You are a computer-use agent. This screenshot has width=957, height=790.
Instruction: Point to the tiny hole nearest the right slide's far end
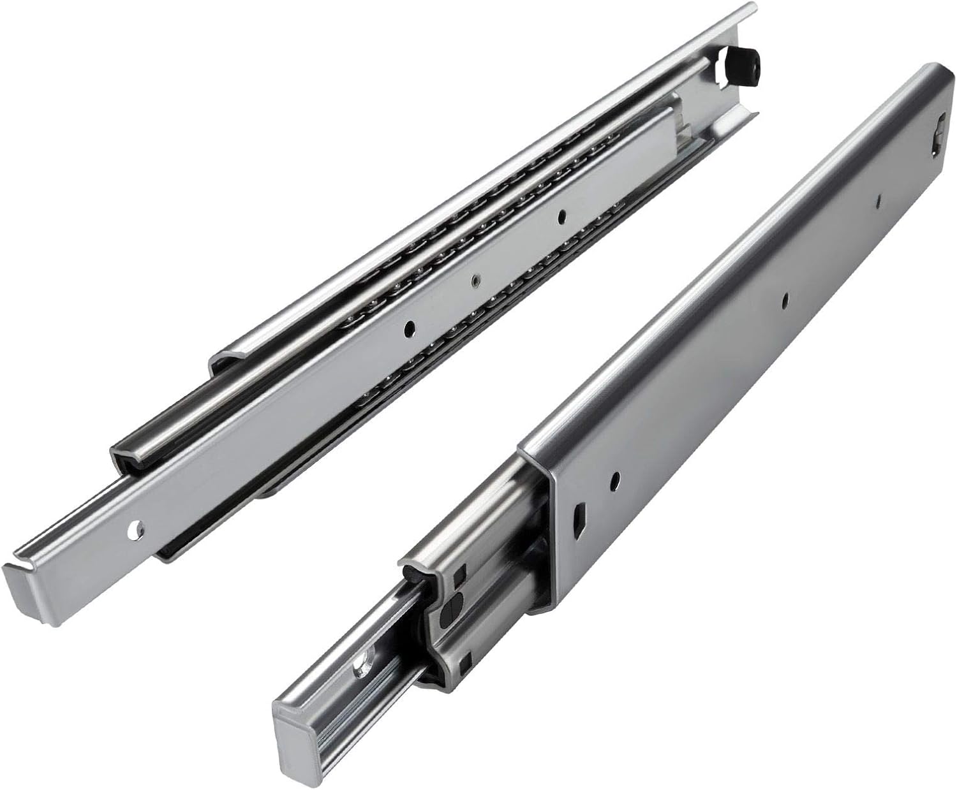pyautogui.click(x=879, y=201)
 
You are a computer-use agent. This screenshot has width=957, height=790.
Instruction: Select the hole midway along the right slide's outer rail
pyautogui.click(x=785, y=297)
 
